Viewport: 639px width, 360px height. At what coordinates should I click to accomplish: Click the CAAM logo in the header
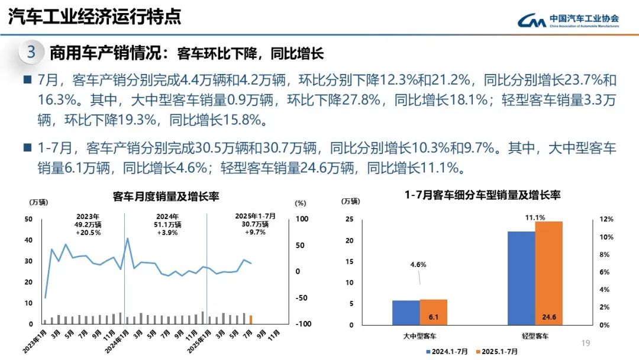click(x=568, y=21)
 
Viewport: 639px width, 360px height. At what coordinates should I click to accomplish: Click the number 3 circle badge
click(x=32, y=53)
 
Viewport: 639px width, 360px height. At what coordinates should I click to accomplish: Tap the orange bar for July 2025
click(x=251, y=319)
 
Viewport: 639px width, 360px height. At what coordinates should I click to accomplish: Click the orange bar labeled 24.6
click(x=548, y=273)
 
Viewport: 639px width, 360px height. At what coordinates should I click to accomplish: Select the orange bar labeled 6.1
click(x=434, y=312)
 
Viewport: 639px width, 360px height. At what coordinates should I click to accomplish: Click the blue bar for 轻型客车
click(x=521, y=278)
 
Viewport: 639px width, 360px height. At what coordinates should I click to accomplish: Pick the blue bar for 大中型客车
click(x=406, y=313)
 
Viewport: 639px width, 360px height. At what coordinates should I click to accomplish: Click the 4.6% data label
click(x=418, y=265)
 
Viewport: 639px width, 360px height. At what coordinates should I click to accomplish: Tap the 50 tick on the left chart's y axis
click(x=28, y=219)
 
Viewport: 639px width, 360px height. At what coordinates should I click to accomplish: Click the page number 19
click(x=586, y=343)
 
